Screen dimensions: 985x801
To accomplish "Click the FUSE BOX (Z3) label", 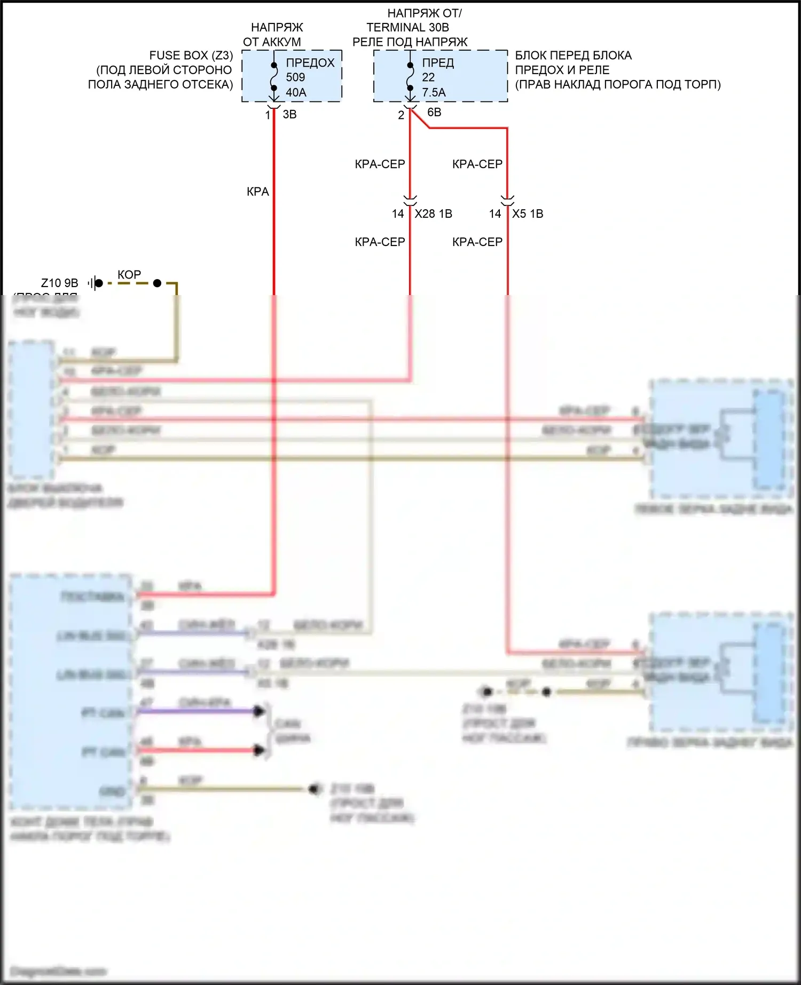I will point(191,55).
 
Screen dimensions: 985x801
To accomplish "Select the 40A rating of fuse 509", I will point(296,92).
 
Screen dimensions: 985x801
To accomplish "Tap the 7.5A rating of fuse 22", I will point(434,92).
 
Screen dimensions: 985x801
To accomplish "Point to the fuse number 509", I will point(295,77).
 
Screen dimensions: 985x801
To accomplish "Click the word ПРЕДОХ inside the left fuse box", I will point(310,63).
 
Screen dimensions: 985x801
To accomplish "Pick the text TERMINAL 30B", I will point(407,27).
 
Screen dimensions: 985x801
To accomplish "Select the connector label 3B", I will point(289,114).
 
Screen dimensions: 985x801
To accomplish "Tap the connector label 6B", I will point(434,112).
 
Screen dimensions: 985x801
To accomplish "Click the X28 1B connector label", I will point(433,214).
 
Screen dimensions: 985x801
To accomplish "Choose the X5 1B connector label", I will point(528,214).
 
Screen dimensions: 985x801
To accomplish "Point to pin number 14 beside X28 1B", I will point(398,214).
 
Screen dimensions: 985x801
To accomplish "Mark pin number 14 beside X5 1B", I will point(495,214).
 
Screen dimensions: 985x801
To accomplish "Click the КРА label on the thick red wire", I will point(257,192).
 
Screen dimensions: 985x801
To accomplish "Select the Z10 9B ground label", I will point(59,283).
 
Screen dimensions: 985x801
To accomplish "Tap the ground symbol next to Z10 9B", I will point(95,283).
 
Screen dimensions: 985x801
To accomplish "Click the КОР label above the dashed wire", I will point(129,275).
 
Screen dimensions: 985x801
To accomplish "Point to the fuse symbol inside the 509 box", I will point(274,77).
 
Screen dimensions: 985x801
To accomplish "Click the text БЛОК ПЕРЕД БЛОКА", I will point(573,55).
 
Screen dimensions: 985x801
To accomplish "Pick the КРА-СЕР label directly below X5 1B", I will point(477,242).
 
